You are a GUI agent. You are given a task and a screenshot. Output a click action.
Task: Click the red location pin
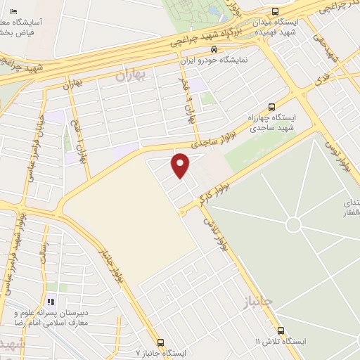point(181,166)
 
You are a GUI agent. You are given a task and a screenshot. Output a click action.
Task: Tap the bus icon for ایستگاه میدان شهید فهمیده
point(275,11)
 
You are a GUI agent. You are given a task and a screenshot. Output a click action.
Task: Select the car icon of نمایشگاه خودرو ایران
point(214,49)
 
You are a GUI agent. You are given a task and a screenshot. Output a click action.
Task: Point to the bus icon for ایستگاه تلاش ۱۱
point(281,330)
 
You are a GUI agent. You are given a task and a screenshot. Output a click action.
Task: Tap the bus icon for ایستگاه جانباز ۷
point(161,342)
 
